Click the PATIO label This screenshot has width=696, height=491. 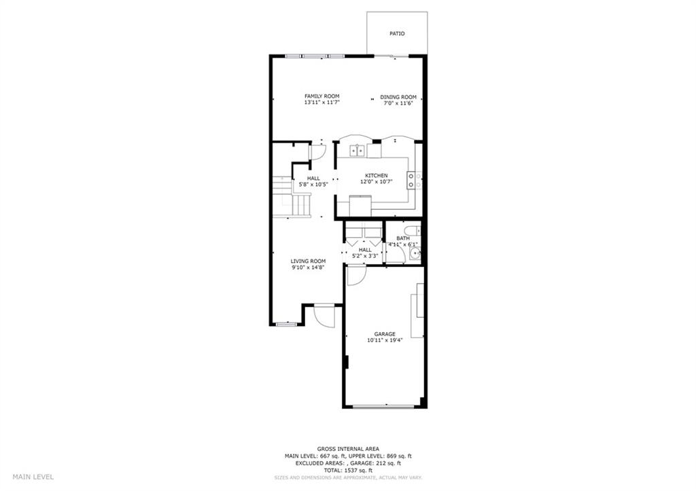(x=397, y=34)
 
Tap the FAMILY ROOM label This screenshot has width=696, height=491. (x=321, y=96)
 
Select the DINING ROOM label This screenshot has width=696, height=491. (x=398, y=97)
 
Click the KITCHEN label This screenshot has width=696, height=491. (x=377, y=176)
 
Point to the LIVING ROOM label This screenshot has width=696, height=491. (x=308, y=261)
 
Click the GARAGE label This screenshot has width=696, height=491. (x=385, y=334)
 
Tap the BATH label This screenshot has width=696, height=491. (x=403, y=238)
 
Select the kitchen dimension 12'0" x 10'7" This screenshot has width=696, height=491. (x=377, y=181)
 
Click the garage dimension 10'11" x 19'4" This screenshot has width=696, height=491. (x=385, y=340)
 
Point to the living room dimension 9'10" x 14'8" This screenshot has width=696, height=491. (x=308, y=268)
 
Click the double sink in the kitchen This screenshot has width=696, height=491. (x=357, y=150)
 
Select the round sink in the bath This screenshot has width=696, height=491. (x=415, y=253)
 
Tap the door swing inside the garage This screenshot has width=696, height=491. (x=355, y=274)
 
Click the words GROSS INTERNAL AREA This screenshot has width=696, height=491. (x=348, y=449)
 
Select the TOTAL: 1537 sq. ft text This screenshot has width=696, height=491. (x=348, y=470)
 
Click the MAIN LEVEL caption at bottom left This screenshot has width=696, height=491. (x=33, y=477)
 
